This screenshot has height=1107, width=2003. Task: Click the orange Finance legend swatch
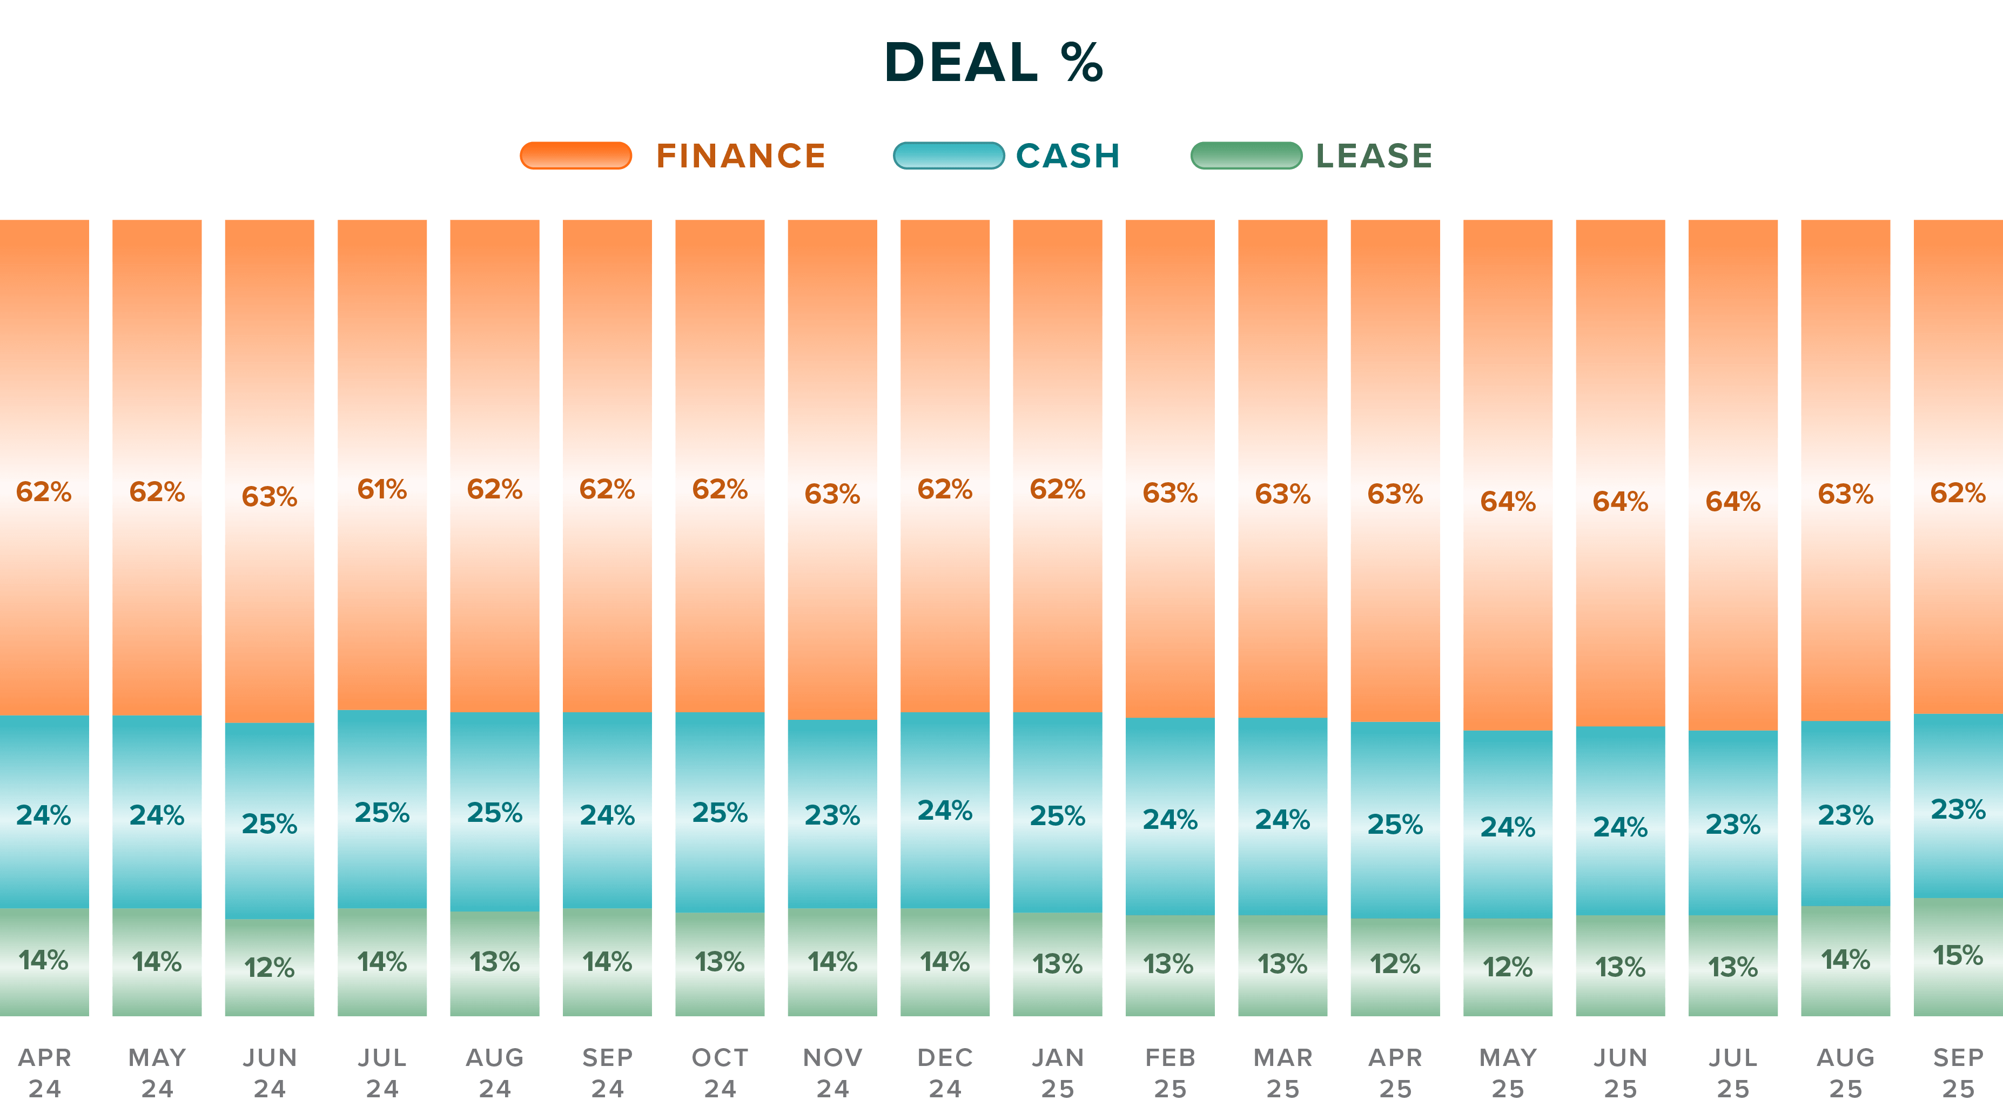575,156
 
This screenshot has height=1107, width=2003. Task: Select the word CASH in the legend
1067,156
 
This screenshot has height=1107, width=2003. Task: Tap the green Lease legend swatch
1246,156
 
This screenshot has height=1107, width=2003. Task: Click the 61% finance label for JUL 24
382,489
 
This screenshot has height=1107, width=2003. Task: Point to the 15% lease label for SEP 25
1957,955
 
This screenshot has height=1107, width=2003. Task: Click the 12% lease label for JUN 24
269,967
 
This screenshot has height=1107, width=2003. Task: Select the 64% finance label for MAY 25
1507,502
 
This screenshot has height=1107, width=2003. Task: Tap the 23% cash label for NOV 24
832,815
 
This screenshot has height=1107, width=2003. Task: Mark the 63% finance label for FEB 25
1169,493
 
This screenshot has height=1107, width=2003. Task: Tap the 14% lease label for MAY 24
156,962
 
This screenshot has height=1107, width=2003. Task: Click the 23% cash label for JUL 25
1732,824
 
